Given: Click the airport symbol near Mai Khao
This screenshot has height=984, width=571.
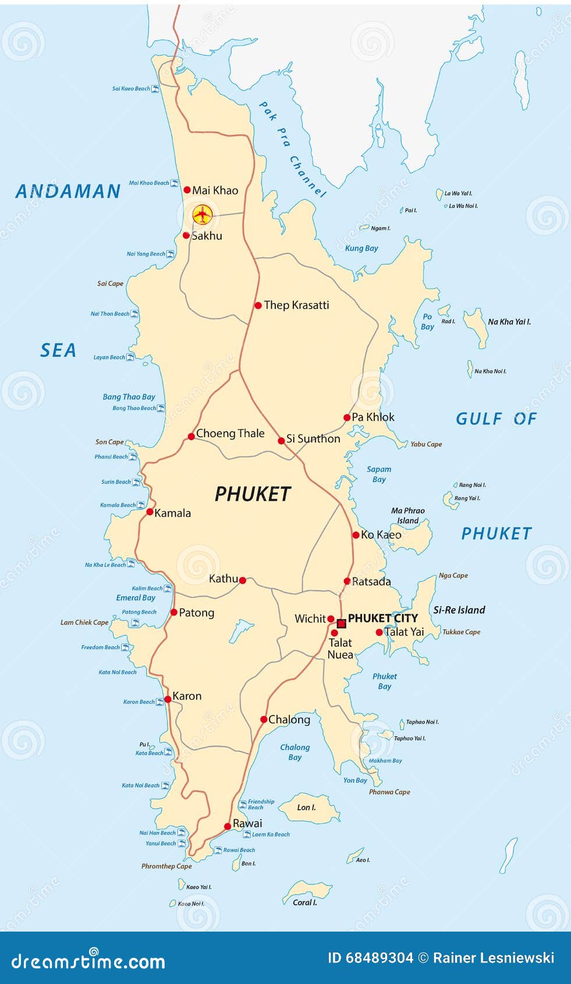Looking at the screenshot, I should point(202,214).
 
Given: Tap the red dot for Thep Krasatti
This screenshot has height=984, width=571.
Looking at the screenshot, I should point(258,305).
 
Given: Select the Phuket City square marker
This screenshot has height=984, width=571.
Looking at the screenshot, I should point(342,624).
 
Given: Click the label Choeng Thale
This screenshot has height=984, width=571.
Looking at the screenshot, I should point(230,433).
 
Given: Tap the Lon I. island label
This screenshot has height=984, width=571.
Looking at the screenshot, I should point(306,808).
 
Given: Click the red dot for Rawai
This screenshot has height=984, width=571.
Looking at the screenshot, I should point(228,826).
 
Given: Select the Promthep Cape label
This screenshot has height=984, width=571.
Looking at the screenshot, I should point(166,866).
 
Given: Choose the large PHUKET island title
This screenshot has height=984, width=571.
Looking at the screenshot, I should point(253,494).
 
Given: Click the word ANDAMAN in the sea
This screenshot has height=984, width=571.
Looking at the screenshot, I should point(68,192).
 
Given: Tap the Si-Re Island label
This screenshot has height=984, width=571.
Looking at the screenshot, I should point(459,610).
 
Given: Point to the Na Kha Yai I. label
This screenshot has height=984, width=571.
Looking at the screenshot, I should point(509,321).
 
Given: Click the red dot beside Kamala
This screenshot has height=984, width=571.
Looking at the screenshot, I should point(150,512).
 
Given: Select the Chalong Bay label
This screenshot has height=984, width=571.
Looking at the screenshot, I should point(295,752).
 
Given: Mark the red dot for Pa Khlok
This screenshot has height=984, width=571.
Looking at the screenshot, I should point(347,417).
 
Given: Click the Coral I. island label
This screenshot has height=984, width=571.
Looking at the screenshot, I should point(304,902).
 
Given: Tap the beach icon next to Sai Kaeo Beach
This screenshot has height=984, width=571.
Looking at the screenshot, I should point(155,89).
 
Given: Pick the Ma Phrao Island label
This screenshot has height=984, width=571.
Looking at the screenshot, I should point(407,515).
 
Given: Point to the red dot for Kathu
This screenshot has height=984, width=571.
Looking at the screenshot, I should point(243,581).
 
